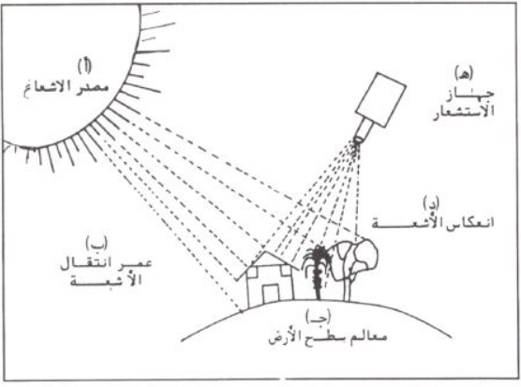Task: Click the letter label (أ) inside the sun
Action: point(84,67)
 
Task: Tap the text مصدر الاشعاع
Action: point(67,88)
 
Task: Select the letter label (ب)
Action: point(97,244)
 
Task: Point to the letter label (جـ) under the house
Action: point(319,317)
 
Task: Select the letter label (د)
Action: point(431,203)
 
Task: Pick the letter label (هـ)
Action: point(464,72)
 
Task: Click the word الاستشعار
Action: point(464,111)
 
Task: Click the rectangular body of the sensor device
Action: point(380,99)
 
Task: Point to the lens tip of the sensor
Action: point(358,140)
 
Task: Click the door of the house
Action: point(271,293)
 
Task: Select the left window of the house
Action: point(252,272)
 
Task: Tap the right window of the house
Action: point(286,271)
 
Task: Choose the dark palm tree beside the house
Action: point(318,272)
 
